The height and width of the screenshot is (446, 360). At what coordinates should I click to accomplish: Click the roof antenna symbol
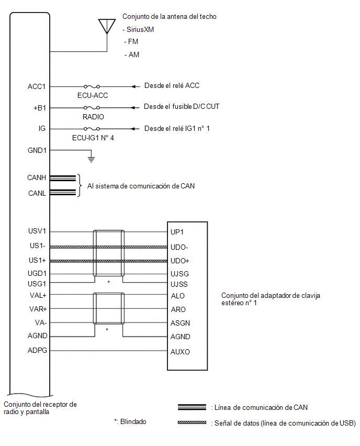(x=107, y=27)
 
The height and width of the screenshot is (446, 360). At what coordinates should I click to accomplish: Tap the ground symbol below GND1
(x=91, y=159)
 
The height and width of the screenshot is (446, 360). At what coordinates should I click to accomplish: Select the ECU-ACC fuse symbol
(x=92, y=86)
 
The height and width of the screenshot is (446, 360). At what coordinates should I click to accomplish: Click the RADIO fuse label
(x=93, y=117)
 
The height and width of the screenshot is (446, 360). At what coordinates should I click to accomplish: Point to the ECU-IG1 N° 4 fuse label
(x=93, y=138)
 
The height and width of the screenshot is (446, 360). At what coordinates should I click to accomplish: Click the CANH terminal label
(x=37, y=178)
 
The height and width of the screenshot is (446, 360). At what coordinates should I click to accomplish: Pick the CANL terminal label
(x=37, y=193)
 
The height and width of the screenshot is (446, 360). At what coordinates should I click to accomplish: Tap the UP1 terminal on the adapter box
(x=177, y=232)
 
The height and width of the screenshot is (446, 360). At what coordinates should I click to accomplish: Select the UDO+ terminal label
(x=179, y=261)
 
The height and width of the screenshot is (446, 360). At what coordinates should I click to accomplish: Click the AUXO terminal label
(x=180, y=352)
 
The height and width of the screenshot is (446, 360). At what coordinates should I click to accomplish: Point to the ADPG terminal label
(x=37, y=350)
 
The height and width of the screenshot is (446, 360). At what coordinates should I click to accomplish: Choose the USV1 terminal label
(x=37, y=231)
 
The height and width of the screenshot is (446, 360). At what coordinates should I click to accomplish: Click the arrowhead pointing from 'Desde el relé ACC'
(x=133, y=86)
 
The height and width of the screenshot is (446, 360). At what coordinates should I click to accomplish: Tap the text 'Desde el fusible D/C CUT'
(x=182, y=107)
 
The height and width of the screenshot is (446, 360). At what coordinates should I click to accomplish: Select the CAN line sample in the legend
(x=192, y=407)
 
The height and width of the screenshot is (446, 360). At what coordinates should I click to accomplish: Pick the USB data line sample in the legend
(x=192, y=422)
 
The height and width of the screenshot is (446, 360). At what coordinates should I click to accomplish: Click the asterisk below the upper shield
(x=109, y=282)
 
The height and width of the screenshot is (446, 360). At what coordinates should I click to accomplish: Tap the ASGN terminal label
(x=180, y=323)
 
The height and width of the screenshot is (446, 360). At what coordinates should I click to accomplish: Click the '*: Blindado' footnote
(x=130, y=421)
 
